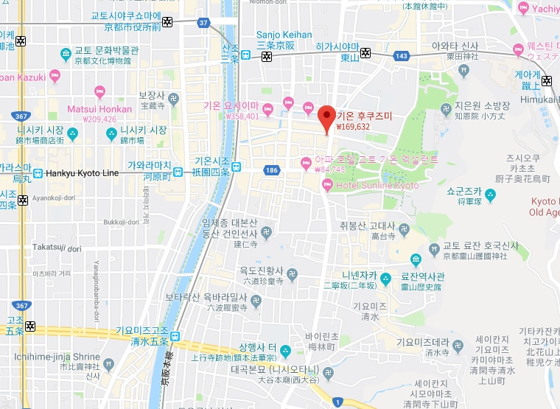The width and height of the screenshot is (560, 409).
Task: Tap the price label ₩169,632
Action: click(x=352, y=126)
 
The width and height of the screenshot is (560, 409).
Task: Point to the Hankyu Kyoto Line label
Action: click(x=82, y=173)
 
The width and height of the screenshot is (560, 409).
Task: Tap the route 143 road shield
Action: click(x=401, y=55)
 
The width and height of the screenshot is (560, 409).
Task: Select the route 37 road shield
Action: click(x=203, y=23)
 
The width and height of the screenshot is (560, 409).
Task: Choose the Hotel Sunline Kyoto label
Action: click(x=377, y=185)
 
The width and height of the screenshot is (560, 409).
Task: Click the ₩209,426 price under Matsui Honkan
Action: click(x=99, y=119)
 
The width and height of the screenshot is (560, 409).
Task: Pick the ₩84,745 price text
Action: click(x=330, y=169)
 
